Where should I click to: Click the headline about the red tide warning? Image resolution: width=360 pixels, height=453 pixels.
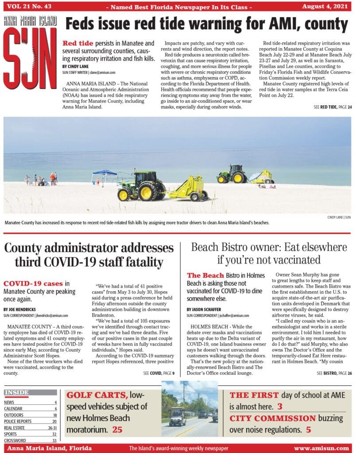point(207,24)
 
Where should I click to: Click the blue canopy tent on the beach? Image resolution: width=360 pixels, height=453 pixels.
point(105,173)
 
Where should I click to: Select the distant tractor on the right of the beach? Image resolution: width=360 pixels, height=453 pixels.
point(232,174)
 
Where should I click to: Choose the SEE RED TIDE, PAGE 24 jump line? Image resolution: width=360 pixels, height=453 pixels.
point(332,107)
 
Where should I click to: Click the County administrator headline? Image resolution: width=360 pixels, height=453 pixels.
point(89,255)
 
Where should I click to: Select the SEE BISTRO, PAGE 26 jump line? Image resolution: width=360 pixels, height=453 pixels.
point(334,373)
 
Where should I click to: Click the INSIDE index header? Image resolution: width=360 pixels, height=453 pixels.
point(16,392)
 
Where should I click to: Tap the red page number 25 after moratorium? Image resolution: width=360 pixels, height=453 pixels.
point(117,430)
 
